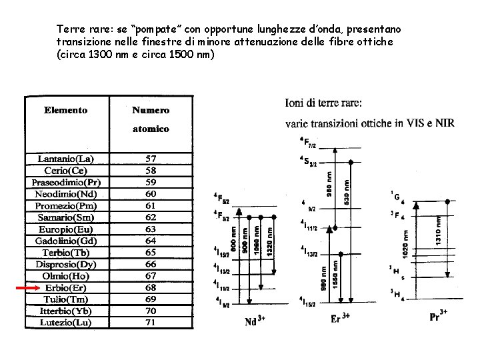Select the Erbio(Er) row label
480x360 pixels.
click(66, 287)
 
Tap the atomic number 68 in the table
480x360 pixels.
click(150, 287)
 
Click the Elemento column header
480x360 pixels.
click(66, 109)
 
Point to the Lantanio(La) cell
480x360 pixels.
click(66, 159)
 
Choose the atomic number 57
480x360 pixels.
click(150, 159)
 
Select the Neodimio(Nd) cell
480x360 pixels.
click(66, 193)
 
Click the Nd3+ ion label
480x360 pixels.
click(253, 321)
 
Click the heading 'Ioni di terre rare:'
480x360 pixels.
click(324, 103)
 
